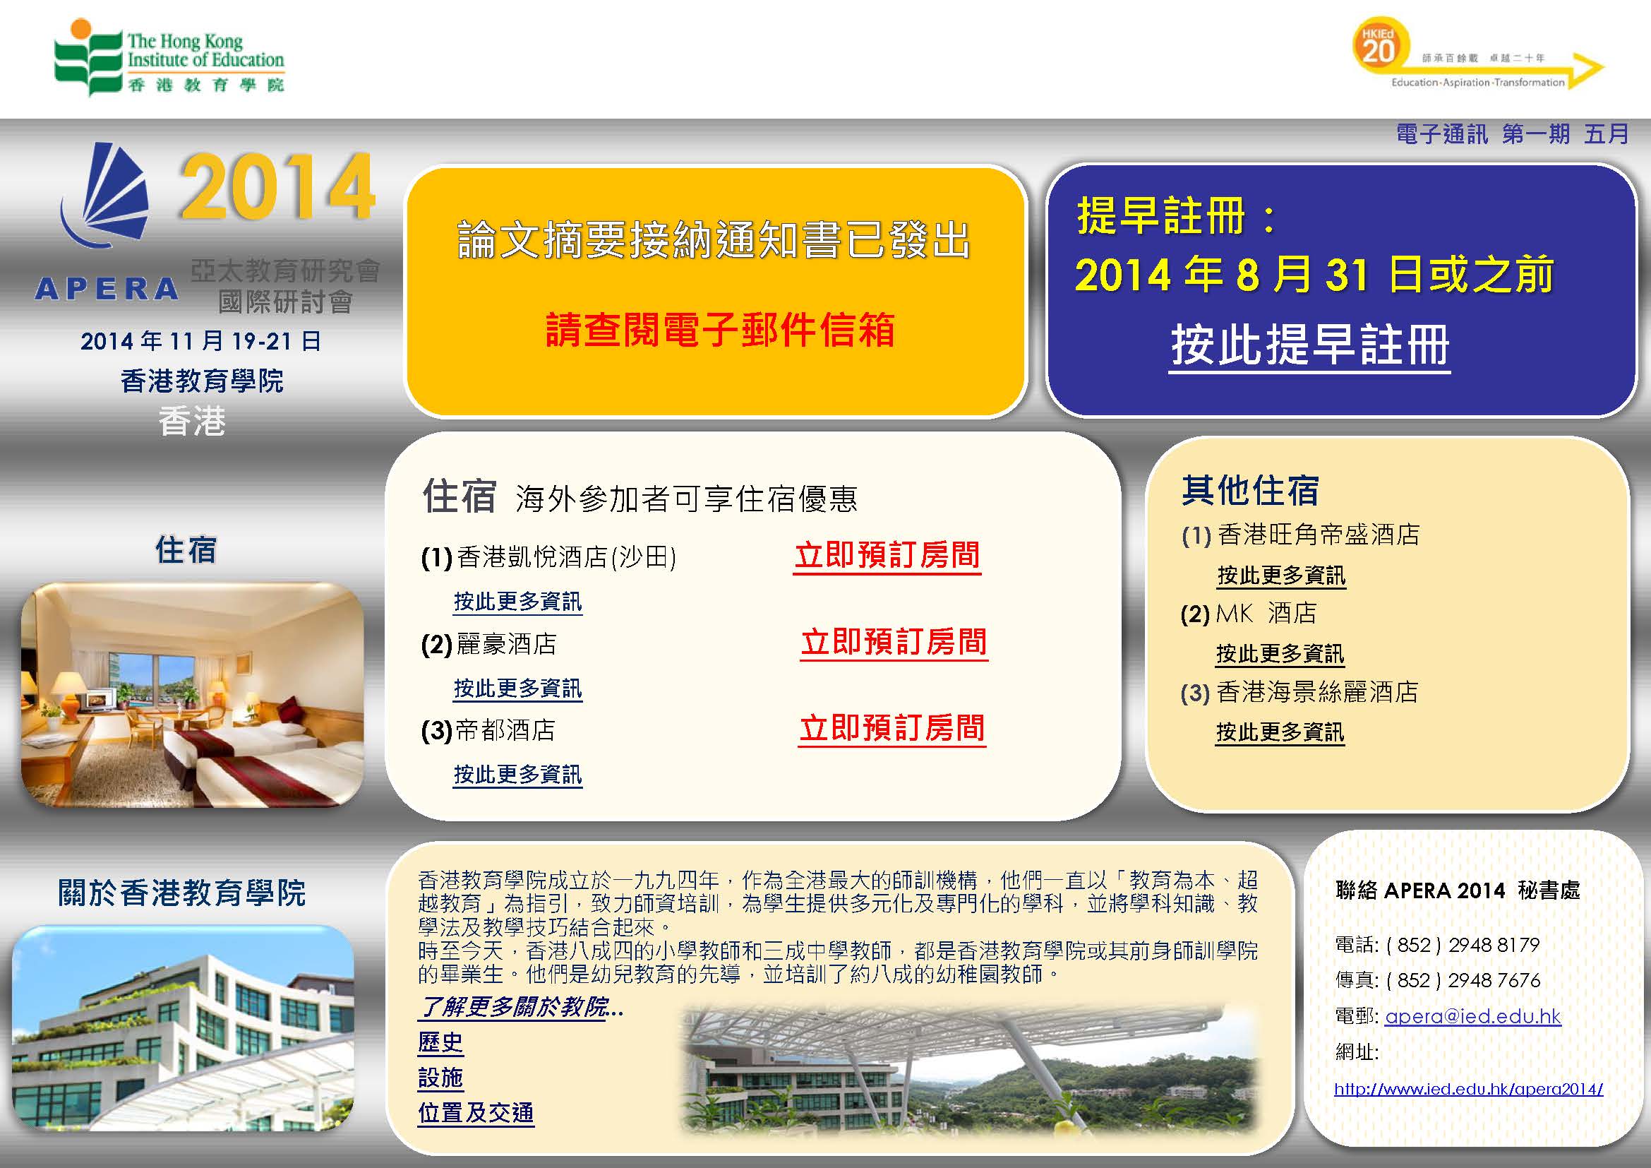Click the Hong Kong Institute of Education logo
[x=169, y=58]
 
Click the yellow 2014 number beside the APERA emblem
[x=277, y=187]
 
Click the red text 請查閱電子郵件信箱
[x=720, y=330]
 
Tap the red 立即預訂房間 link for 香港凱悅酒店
[x=887, y=556]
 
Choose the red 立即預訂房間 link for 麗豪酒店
[x=894, y=642]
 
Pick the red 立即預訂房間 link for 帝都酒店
[x=892, y=729]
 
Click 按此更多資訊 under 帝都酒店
[x=517, y=775]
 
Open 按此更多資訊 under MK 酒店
[x=1280, y=654]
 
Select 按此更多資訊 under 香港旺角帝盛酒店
[x=1281, y=576]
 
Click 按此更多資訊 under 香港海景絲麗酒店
[x=1280, y=732]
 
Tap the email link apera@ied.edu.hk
[x=1472, y=1016]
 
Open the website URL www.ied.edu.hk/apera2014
[x=1468, y=1089]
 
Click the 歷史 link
[x=440, y=1043]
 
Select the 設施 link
[x=440, y=1078]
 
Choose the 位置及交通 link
[x=476, y=1114]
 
